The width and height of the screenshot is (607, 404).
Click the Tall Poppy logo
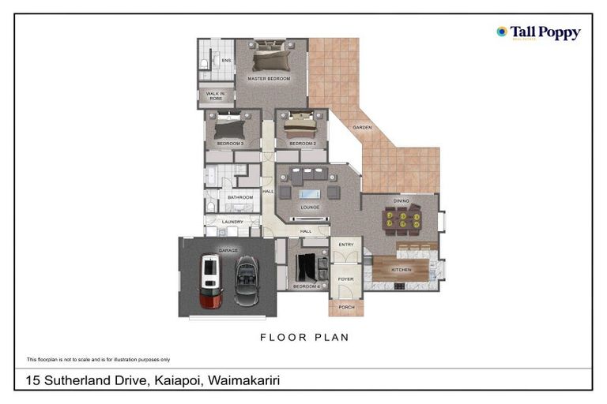click(x=538, y=32)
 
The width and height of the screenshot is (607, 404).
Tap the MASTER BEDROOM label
click(x=269, y=79)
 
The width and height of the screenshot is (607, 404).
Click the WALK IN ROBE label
click(x=215, y=95)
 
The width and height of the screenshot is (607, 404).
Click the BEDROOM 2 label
click(x=302, y=144)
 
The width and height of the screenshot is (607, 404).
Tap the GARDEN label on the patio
click(x=362, y=127)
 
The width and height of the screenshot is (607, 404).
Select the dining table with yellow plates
click(x=401, y=219)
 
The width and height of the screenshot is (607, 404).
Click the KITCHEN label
click(x=402, y=270)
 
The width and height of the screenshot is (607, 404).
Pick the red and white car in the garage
click(x=210, y=280)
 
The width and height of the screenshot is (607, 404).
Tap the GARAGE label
click(x=228, y=250)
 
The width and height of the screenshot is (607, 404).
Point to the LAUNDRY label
click(x=232, y=222)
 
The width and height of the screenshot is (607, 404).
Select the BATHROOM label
click(x=240, y=197)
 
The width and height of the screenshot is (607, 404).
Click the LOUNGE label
click(x=309, y=208)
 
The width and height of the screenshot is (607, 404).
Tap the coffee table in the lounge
click(x=309, y=193)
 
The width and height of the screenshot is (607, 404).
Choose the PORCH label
click(x=345, y=306)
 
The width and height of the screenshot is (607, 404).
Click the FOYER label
click(x=346, y=278)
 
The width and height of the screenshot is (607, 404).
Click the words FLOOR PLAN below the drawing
click(x=304, y=337)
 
